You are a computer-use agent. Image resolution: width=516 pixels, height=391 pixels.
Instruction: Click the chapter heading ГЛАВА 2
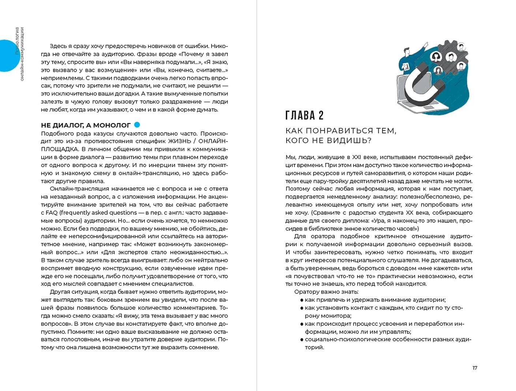304,115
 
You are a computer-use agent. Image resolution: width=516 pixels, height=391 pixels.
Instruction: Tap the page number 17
475,368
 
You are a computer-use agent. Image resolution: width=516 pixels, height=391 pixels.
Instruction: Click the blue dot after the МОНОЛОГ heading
137,125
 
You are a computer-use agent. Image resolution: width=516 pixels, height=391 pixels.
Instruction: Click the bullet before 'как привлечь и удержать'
302,300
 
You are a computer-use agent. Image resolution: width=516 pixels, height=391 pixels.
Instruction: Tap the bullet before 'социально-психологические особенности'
302,340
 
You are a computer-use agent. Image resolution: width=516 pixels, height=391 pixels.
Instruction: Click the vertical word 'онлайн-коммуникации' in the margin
22,54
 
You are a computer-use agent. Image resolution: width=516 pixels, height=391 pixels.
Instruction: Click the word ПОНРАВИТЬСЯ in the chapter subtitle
341,131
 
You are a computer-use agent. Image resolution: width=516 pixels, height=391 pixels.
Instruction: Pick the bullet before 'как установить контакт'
302,308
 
